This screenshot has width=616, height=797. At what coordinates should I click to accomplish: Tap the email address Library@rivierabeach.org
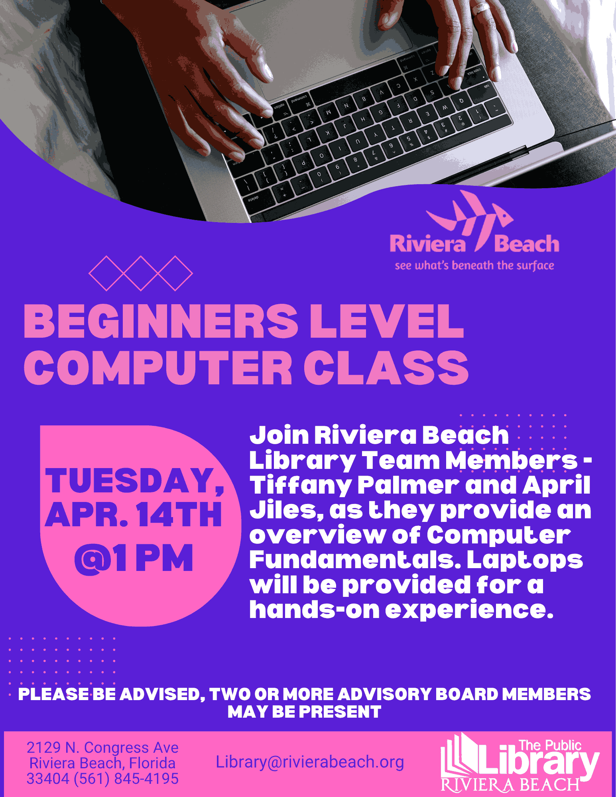(x=310, y=762)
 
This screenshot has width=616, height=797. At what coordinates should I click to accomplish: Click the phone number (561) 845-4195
(x=126, y=778)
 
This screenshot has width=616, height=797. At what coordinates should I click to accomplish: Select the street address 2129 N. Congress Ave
(x=102, y=748)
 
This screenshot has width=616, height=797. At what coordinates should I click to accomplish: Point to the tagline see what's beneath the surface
(x=474, y=266)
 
